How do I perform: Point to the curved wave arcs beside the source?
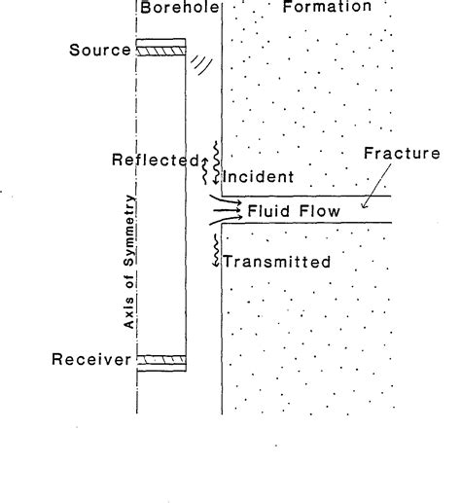200,63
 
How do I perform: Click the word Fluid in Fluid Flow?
264,209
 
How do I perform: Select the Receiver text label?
91,360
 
